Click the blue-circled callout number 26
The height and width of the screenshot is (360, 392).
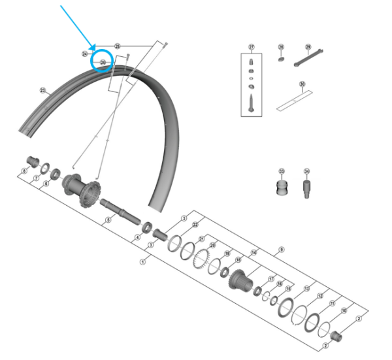[x=103, y=62]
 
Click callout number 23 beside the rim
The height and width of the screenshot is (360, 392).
[x=42, y=90]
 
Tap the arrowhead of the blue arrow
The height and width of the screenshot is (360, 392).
[x=95, y=47]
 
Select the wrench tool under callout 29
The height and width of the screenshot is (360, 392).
[x=308, y=59]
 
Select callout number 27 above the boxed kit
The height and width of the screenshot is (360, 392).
[x=251, y=47]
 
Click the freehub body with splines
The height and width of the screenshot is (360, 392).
[x=240, y=279]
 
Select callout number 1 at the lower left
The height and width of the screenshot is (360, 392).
[x=143, y=260]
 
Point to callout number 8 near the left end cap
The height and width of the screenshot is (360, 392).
[x=24, y=171]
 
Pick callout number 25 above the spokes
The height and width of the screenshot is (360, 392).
[x=118, y=46]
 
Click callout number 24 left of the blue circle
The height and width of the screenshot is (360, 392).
[x=85, y=54]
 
